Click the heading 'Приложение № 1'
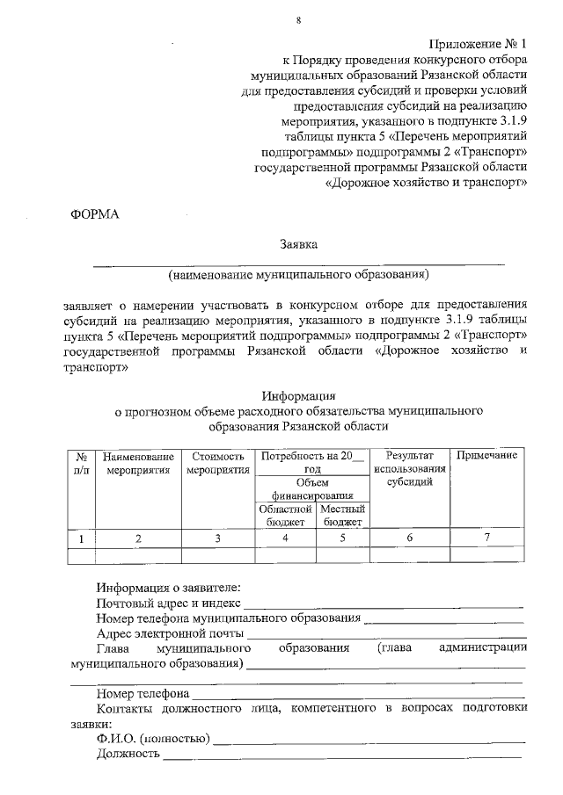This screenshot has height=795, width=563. coord(479,43)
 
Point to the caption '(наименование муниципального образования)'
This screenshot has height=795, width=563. coord(298,274)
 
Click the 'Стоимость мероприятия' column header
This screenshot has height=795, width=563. coord(217,463)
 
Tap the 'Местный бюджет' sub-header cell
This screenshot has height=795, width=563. coord(342,515)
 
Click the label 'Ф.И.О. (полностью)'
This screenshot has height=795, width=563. coord(152,739)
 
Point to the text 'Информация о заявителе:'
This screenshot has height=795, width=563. coord(168,587)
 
